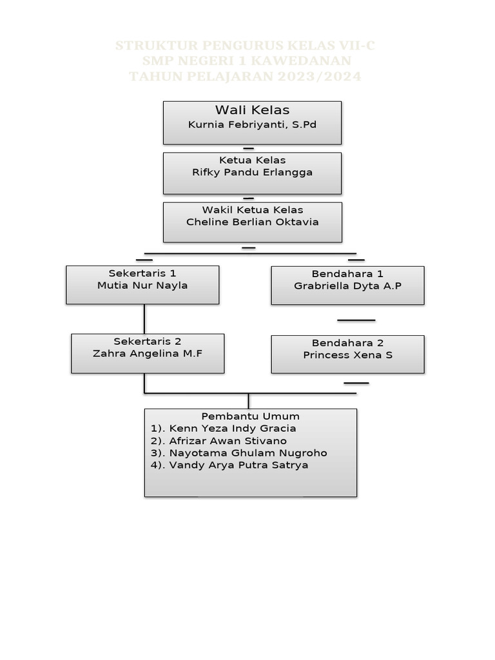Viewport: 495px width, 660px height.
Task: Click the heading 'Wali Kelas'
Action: (x=252, y=110)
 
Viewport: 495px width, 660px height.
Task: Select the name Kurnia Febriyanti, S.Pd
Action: (x=252, y=125)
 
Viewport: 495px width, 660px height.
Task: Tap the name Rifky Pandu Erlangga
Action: (x=252, y=173)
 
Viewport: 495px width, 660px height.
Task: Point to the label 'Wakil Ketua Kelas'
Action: (x=252, y=210)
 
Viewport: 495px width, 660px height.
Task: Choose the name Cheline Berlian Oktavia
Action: (x=252, y=222)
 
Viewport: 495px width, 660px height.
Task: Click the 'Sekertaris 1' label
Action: (x=142, y=273)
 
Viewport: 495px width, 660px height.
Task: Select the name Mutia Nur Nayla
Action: (x=142, y=286)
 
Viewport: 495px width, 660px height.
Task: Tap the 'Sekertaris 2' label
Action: (x=148, y=341)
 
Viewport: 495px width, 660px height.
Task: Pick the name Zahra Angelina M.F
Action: (x=148, y=353)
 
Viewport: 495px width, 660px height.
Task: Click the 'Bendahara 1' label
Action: (x=347, y=274)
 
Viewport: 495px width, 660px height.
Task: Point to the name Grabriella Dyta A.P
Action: (x=347, y=286)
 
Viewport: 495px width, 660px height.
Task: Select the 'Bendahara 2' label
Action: (x=347, y=343)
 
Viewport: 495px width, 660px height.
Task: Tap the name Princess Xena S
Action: (x=347, y=355)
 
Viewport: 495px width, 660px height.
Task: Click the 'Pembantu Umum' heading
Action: (x=250, y=416)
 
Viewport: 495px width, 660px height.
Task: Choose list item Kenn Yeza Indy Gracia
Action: (x=223, y=429)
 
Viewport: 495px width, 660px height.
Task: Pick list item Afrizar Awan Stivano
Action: (x=218, y=441)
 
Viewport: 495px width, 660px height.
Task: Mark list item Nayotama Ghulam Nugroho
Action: (x=238, y=453)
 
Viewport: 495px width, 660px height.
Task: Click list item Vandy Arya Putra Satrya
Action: (x=229, y=465)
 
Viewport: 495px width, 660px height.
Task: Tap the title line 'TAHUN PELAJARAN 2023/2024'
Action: (x=245, y=77)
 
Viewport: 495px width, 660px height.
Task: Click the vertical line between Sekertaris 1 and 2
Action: (x=144, y=318)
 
